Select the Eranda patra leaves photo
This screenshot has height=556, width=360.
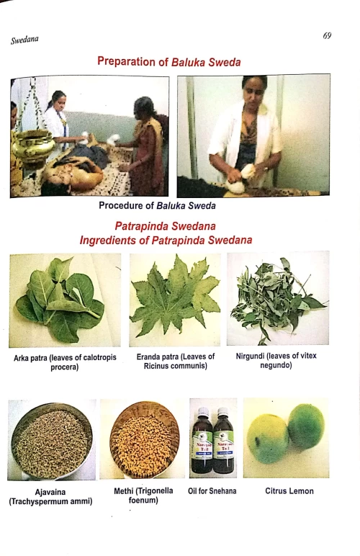point(172,299)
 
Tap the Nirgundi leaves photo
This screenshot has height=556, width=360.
point(277,299)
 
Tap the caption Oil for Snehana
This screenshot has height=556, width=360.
point(212,491)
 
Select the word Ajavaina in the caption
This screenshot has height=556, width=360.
point(51,491)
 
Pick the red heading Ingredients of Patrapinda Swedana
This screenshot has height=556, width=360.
point(166,239)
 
